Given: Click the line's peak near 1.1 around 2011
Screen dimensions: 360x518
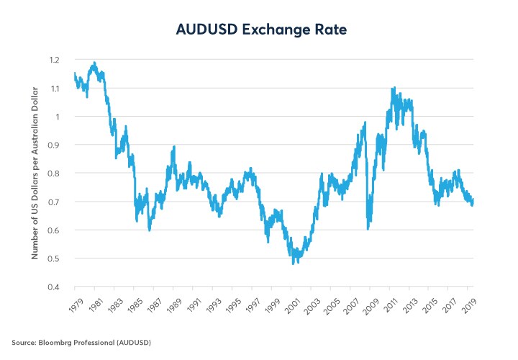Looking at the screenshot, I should (393, 88).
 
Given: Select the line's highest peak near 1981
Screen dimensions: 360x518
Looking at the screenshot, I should (94, 63).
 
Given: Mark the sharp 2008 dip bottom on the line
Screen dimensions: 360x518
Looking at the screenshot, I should (368, 228).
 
